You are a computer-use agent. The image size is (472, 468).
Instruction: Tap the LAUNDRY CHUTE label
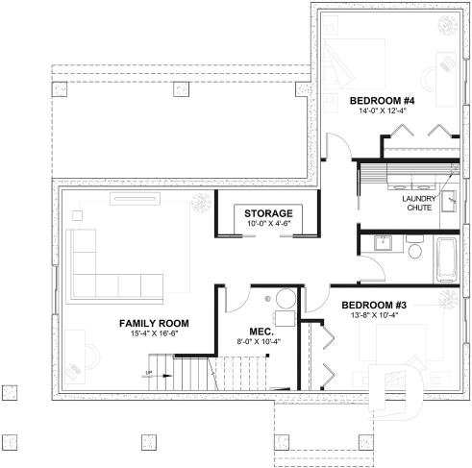coord(419,205)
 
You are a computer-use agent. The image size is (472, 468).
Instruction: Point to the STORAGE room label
coord(268,212)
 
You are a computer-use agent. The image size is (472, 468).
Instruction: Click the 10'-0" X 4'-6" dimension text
coord(268,224)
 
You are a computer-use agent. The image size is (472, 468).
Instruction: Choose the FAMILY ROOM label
coord(154,323)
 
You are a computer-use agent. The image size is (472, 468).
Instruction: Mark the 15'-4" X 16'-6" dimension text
coord(154,333)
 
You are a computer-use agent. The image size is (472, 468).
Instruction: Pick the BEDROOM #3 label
coord(376,306)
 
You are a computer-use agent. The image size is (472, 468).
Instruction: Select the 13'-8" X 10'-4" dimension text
coord(376,316)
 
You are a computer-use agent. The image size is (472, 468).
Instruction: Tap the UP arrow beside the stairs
coord(150,373)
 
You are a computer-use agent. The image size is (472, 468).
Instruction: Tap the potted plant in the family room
coord(200,202)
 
